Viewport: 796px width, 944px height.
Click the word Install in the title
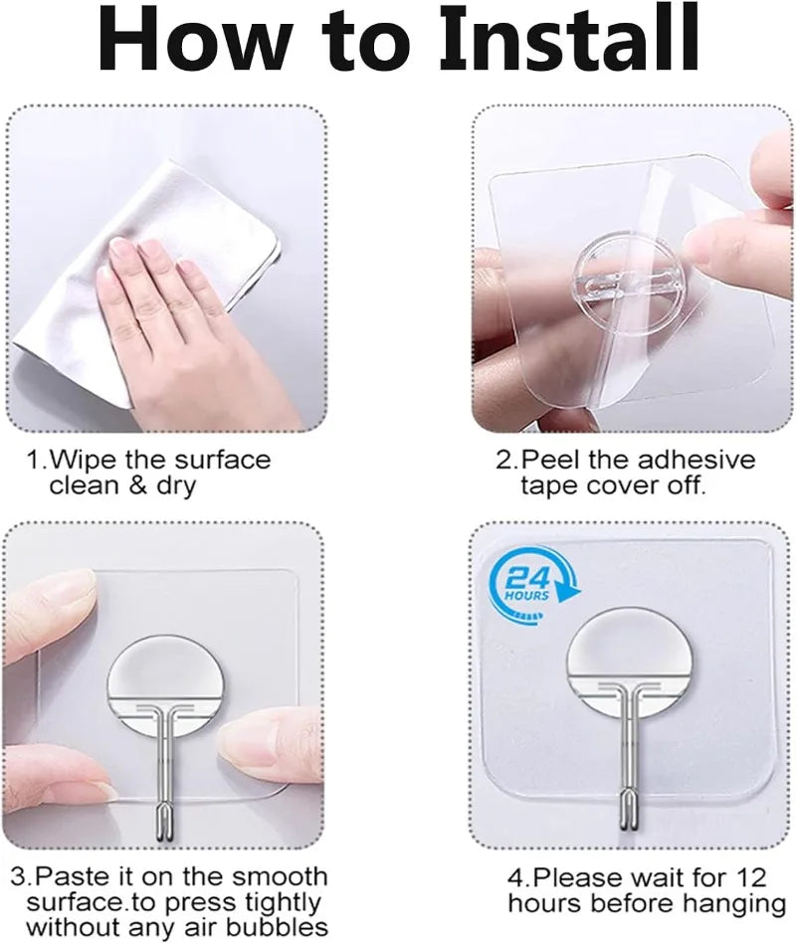(x=569, y=38)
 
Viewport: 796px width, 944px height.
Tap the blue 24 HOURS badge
(x=530, y=583)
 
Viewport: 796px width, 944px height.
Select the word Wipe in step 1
(x=84, y=460)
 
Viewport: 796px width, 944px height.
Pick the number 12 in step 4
(x=750, y=877)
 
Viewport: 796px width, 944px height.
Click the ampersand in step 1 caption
(x=137, y=485)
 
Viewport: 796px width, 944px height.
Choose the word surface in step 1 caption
(x=222, y=460)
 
